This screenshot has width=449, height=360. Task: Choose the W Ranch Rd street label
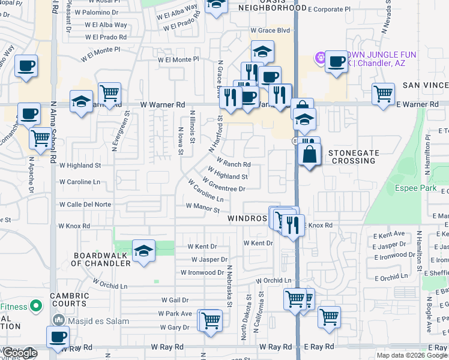[234, 163]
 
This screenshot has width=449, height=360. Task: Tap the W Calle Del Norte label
[85, 205]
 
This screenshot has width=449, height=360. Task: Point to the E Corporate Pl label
[328, 10]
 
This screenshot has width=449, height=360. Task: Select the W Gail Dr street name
[175, 299]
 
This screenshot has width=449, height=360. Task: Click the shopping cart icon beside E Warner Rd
[382, 94]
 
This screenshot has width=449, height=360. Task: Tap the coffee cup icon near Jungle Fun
[336, 61]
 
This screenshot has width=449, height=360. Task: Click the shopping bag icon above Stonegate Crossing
[309, 154]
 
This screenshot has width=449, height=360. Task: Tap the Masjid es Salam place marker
[59, 321]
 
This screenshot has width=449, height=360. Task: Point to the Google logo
[20, 353]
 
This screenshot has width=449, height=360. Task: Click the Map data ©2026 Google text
[411, 355]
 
